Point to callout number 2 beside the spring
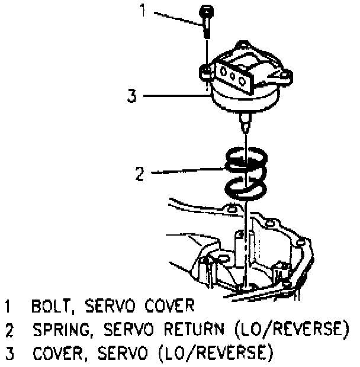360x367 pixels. pos(140,174)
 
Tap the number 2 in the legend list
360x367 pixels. pos(9,329)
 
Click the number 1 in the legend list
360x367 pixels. pos(8,307)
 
